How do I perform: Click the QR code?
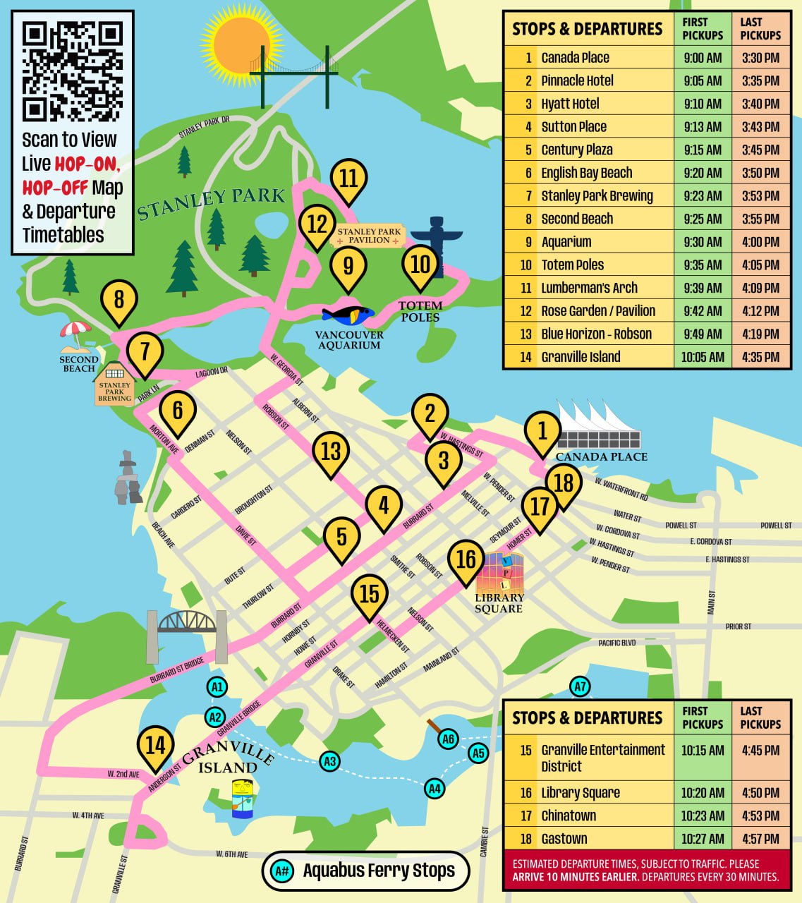72,71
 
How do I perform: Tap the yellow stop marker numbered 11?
348,178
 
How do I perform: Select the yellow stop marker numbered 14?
155,746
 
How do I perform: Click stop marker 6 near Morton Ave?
177,410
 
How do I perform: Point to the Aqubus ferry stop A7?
580,686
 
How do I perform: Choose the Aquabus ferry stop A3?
329,761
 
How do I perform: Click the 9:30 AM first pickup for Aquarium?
703,242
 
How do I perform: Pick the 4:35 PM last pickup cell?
760,357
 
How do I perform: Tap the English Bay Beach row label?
586,173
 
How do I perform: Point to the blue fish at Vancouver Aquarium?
348,315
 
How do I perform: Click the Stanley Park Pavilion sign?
368,236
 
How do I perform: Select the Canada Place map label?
601,456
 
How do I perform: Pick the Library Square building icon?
499,574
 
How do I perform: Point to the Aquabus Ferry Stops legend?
366,871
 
